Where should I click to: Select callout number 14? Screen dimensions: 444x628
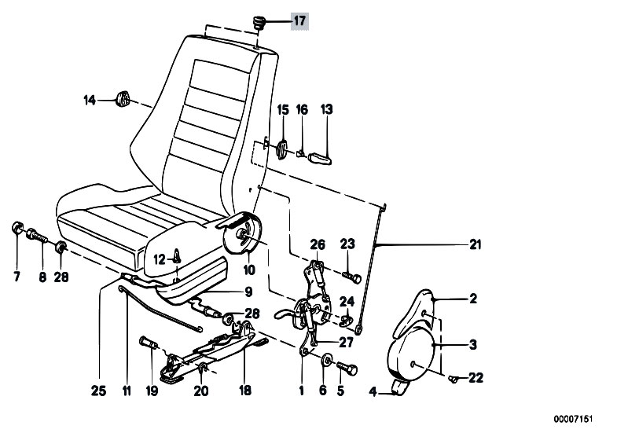pyautogui.click(x=90, y=100)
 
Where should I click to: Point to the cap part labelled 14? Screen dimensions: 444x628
pyautogui.click(x=122, y=99)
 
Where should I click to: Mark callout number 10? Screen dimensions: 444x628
pyautogui.click(x=248, y=270)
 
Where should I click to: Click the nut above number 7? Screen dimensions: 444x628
pyautogui.click(x=17, y=230)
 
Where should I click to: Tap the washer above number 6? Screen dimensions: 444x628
pyautogui.click(x=325, y=364)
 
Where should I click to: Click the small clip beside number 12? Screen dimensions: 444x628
pyautogui.click(x=177, y=254)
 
